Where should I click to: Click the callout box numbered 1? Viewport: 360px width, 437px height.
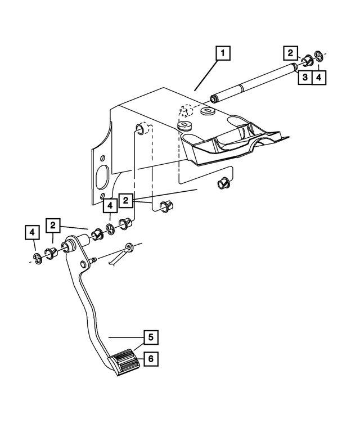tap(223, 54)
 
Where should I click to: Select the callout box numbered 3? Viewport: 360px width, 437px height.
tap(304, 77)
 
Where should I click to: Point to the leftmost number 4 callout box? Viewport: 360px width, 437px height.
tap(32, 232)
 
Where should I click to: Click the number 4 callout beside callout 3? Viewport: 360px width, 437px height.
tap(318, 77)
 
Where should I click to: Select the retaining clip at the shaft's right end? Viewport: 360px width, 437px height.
tap(318, 56)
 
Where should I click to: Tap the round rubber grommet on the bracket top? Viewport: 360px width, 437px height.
tap(184, 125)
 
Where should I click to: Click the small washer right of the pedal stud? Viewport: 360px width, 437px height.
tap(129, 247)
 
